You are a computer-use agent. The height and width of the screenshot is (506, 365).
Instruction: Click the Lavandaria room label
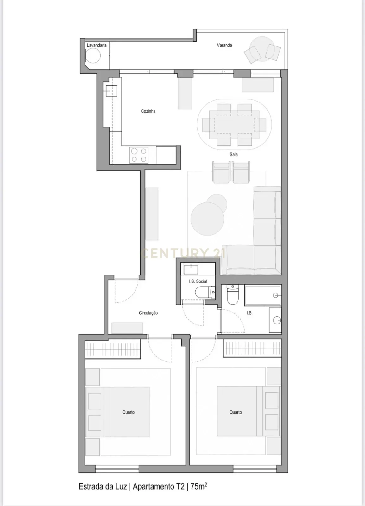[x=97, y=45]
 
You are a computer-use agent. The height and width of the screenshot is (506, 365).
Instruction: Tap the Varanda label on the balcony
[x=224, y=45]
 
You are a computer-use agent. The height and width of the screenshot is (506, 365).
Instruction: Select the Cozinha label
[x=148, y=111]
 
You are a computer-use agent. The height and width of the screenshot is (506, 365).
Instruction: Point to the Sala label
[x=234, y=154]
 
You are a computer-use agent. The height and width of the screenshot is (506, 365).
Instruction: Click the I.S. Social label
[x=198, y=281]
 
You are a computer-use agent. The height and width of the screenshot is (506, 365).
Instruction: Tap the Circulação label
[x=148, y=313]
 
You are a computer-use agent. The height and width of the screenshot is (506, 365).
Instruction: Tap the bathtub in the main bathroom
[x=263, y=295]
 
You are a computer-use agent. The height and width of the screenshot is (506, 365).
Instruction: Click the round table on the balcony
[x=261, y=49]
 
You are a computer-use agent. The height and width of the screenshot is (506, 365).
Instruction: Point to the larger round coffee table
[x=207, y=219]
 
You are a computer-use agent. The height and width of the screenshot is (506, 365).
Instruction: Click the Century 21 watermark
[x=183, y=253]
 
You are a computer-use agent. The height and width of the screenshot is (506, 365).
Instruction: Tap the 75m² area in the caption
[x=198, y=486]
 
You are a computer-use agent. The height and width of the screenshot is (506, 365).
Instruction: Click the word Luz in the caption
[x=121, y=486]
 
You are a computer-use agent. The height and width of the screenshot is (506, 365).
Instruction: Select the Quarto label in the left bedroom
[x=129, y=412]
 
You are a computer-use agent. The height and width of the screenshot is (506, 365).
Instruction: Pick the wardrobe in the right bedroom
[x=252, y=348]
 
